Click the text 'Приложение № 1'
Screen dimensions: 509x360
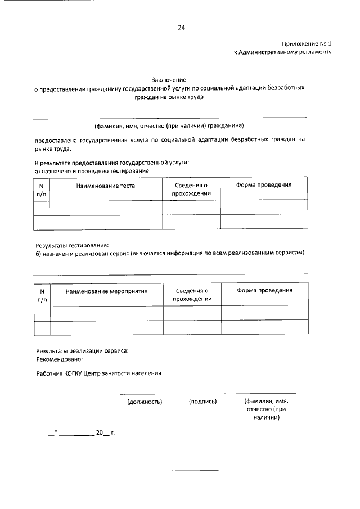[307, 43]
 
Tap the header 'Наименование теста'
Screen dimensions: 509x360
[106, 185]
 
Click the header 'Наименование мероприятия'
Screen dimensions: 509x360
[106, 291]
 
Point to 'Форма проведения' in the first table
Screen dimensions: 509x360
[264, 184]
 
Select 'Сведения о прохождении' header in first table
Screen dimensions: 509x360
[192, 189]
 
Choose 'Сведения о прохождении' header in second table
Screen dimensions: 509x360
[192, 295]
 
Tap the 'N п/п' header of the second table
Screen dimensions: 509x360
[42, 295]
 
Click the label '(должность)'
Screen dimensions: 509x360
[145, 402]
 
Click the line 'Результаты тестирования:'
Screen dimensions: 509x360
[72, 245]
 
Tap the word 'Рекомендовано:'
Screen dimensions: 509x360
[59, 358]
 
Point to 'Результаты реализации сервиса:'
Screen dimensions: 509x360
[82, 350]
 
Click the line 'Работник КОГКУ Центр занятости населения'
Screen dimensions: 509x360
[98, 373]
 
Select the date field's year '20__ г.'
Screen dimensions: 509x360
[105, 433]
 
